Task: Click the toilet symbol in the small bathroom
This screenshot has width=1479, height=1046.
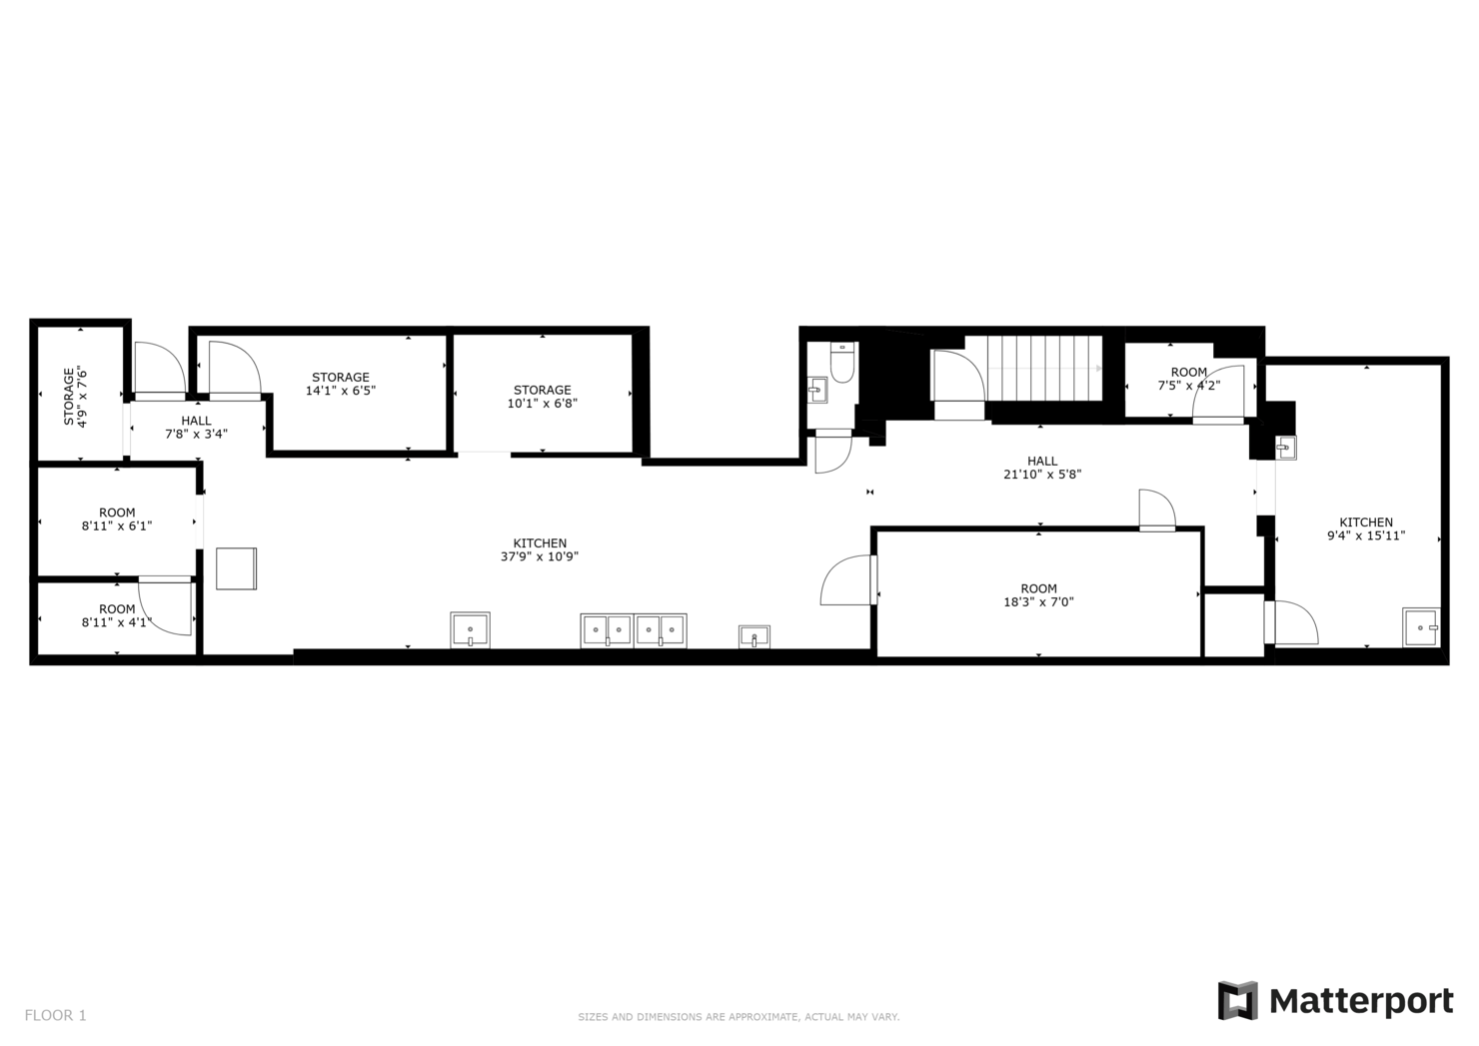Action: [x=841, y=362]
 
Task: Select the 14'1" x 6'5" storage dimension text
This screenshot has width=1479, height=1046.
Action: [x=340, y=391]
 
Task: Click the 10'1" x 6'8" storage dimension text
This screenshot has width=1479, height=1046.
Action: [x=542, y=404]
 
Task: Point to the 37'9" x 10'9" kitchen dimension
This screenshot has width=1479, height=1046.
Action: [x=540, y=556]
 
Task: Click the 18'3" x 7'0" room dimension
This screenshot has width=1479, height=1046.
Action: [x=1038, y=601]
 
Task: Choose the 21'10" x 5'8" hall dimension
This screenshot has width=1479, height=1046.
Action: [x=1042, y=474]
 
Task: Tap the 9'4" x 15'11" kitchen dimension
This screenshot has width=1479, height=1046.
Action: [x=1366, y=535]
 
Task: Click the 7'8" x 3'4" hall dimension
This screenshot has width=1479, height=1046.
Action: [x=196, y=434]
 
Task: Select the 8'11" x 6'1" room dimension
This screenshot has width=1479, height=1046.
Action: [x=117, y=525]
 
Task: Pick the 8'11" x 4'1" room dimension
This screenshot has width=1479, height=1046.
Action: [x=117, y=622]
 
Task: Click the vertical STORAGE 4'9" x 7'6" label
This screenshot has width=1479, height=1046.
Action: [x=75, y=397]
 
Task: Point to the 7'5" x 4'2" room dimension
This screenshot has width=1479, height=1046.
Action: [x=1188, y=386]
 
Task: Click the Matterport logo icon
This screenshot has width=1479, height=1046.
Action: [x=1237, y=1000]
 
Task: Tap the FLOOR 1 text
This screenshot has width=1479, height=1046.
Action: [x=56, y=1016]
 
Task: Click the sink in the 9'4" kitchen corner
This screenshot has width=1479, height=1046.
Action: [x=1421, y=627]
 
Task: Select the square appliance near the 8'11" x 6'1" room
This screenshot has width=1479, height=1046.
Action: [x=237, y=568]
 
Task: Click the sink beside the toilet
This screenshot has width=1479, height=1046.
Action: [x=817, y=390]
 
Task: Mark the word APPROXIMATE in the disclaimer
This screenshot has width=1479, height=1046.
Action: [x=752, y=1018]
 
